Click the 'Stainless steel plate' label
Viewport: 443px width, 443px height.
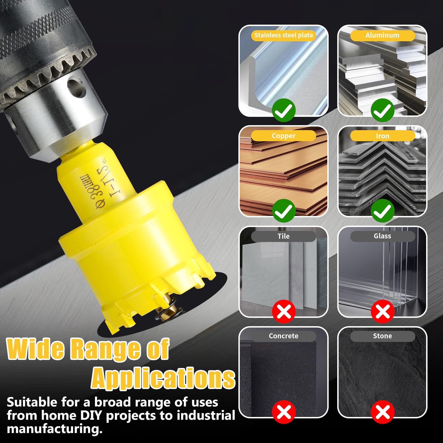tap(284, 35)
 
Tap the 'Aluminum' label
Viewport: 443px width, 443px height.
tap(382, 35)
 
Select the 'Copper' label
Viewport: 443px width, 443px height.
tap(284, 136)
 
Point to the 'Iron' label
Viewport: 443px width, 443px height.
tap(382, 136)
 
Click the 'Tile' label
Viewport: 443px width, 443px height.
tap(284, 236)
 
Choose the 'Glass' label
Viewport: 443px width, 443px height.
tap(382, 236)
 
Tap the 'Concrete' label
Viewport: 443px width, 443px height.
tap(284, 336)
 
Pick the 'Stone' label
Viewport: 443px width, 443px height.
tap(382, 336)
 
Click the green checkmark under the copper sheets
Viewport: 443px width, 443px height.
tap(284, 211)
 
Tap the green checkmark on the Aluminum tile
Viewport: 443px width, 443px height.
tap(383, 110)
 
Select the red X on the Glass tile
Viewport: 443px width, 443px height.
tap(383, 311)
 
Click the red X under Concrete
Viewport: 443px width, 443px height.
tap(284, 412)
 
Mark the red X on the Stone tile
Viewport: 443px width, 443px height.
tap(383, 412)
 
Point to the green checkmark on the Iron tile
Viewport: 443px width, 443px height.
tap(383, 211)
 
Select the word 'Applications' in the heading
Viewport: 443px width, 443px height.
tap(163, 378)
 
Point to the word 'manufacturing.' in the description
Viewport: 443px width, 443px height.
tap(55, 429)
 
